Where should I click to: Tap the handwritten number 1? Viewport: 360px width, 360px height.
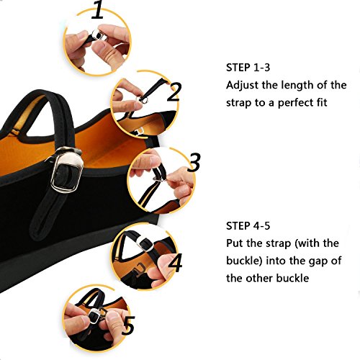point(98,9)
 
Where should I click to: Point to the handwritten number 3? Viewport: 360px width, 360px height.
point(194,162)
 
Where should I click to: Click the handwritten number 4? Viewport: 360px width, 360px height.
point(176,262)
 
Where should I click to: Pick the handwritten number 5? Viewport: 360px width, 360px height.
point(128,325)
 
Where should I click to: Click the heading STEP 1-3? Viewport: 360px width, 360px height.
point(248,68)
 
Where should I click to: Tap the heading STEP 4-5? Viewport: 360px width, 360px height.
point(248,226)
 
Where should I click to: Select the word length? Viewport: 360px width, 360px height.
point(297,86)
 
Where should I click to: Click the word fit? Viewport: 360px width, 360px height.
point(322,102)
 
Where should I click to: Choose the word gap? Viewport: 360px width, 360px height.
point(317,261)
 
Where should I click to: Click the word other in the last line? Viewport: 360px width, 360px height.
point(260,279)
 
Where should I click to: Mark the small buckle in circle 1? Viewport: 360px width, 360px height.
point(99,35)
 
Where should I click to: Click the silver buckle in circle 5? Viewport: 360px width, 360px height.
point(96,316)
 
